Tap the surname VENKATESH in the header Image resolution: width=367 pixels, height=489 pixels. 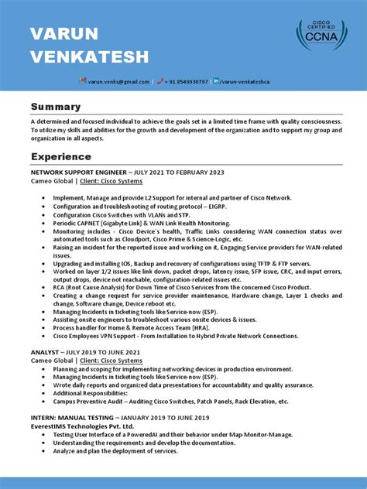point(88,56)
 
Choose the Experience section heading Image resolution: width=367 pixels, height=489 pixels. point(61,157)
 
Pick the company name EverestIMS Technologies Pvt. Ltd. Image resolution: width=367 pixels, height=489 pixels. point(82,426)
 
